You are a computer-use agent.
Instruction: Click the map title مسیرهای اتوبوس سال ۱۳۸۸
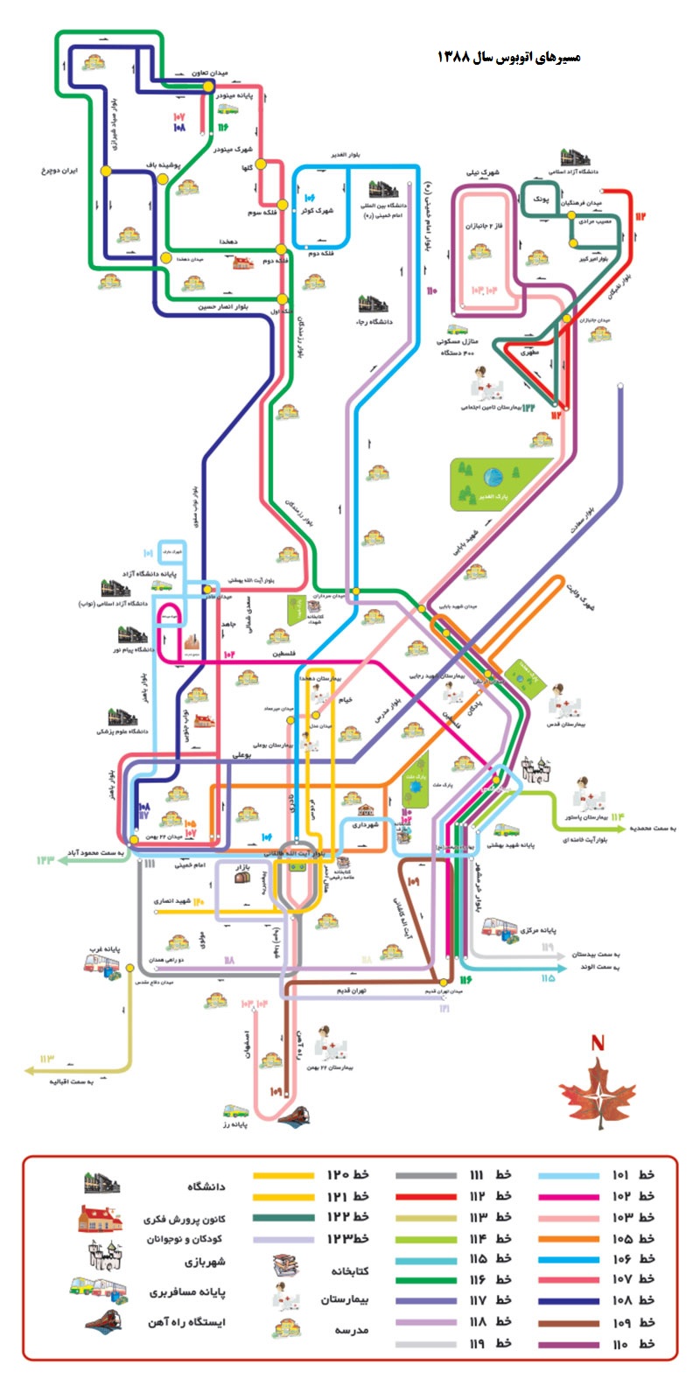tap(508, 58)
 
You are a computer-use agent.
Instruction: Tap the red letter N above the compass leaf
tap(598, 1043)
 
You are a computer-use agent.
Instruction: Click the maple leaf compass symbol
tap(598, 1092)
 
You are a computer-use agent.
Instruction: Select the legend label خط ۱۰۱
tap(633, 1174)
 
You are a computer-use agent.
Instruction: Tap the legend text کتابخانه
tap(350, 1270)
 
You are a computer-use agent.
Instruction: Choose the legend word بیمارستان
tap(345, 1300)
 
